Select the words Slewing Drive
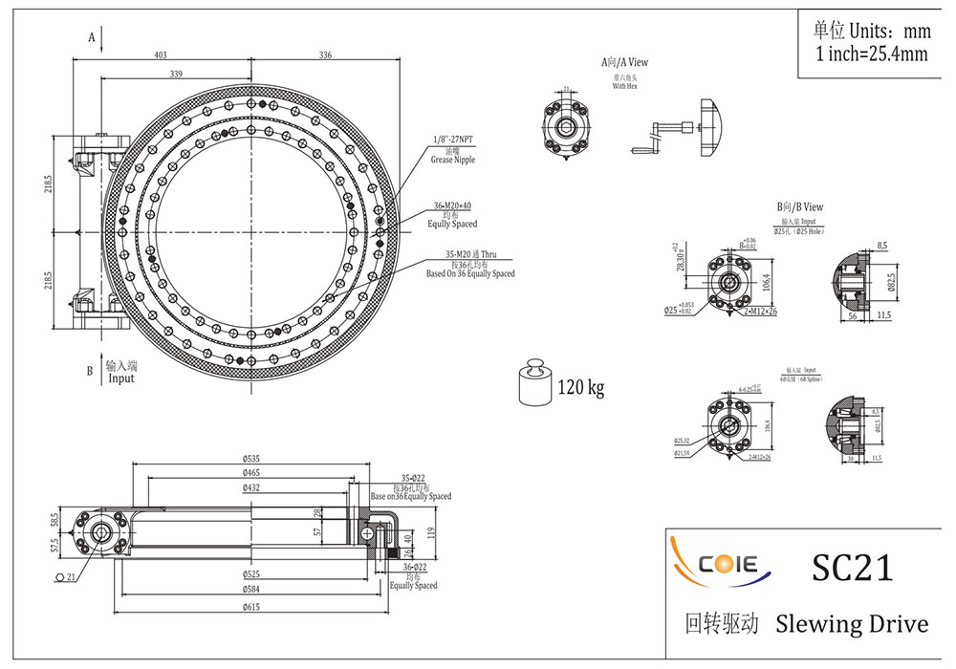pyautogui.click(x=851, y=624)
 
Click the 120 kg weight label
pyautogui.click(x=581, y=388)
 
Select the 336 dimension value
pyautogui.click(x=325, y=55)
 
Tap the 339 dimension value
pyautogui.click(x=176, y=74)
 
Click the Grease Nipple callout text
pyautogui.click(x=453, y=160)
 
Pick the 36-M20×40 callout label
pyautogui.click(x=451, y=206)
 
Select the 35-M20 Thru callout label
pyautogui.click(x=469, y=255)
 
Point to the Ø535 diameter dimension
pyautogui.click(x=251, y=459)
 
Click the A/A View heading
pyautogui.click(x=625, y=62)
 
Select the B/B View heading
pyautogui.click(x=799, y=206)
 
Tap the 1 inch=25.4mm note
pyautogui.click(x=871, y=54)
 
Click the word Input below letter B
pyautogui.click(x=121, y=378)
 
